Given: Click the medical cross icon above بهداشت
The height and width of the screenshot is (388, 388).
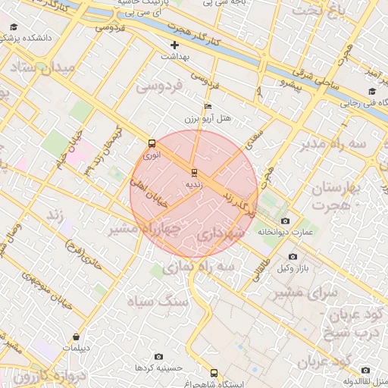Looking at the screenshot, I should [175, 45].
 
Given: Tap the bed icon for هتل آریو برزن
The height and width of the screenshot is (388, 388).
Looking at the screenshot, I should [208, 107].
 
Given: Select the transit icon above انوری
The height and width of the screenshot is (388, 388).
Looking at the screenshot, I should [152, 142].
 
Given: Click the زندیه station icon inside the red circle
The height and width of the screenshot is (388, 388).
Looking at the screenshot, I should [194, 172].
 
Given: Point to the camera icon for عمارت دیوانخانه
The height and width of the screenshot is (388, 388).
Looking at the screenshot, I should [285, 221].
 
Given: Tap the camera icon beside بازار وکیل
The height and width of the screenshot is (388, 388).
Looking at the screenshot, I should [293, 256].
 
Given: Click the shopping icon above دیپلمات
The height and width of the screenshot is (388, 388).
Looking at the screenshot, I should [76, 336].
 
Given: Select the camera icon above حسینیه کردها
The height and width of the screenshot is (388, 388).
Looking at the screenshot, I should [158, 355].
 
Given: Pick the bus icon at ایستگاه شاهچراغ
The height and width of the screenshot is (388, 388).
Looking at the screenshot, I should [214, 373].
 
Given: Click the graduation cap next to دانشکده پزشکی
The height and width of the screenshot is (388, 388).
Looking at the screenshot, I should [14, 27].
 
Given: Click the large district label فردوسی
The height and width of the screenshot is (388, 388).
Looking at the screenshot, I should [160, 86].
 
